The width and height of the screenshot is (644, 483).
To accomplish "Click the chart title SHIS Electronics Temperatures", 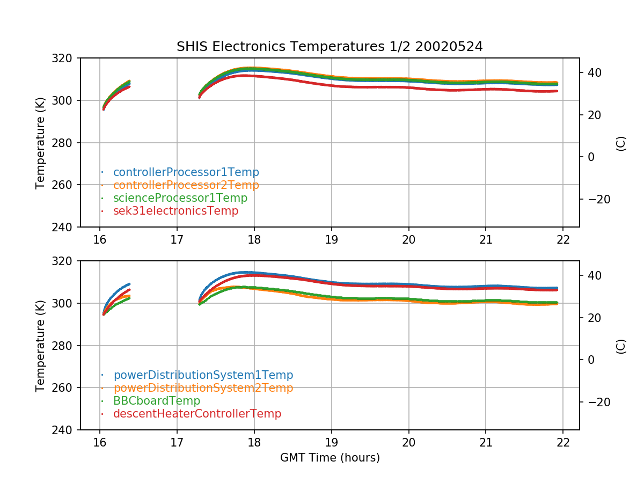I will click(x=330, y=47).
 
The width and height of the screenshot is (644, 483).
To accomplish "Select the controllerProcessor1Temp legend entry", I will click(x=186, y=172).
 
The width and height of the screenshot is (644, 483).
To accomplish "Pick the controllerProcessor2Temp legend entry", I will click(x=186, y=185).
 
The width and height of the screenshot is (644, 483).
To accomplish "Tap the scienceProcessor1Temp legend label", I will click(x=180, y=198).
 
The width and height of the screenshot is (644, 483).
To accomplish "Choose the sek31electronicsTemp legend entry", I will click(x=175, y=211).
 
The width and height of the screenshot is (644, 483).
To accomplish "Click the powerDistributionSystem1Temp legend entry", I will click(x=203, y=375).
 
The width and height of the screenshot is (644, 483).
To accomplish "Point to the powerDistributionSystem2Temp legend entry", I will click(x=203, y=388).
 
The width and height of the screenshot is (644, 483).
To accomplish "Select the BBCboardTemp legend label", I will click(x=156, y=401).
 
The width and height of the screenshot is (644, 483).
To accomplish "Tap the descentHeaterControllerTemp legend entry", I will click(x=197, y=414).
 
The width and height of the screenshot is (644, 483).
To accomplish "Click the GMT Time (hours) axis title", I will click(x=330, y=458).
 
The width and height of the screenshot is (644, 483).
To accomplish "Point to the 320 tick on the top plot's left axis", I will click(x=67, y=58).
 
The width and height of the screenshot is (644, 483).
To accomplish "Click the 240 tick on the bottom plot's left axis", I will click(x=67, y=430).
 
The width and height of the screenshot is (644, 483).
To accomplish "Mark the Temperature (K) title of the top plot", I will click(x=40, y=143).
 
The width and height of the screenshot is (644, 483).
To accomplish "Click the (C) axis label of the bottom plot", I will click(x=621, y=346).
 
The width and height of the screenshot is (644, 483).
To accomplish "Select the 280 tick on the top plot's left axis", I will click(x=67, y=143).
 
